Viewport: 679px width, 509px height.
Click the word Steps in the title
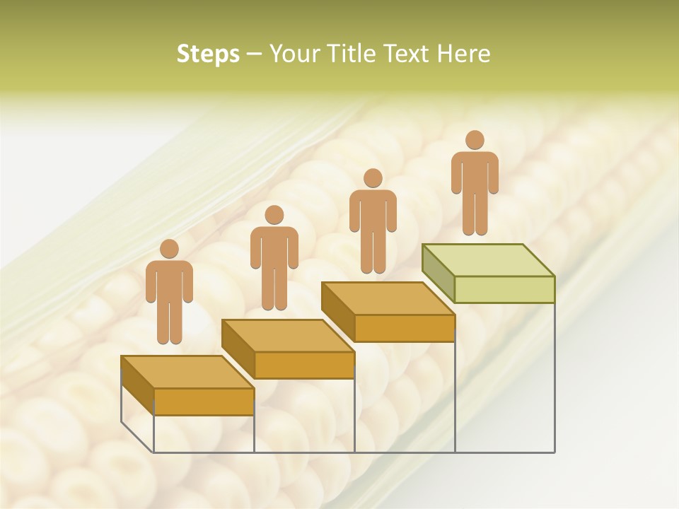208,54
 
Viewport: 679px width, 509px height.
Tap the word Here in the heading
464,54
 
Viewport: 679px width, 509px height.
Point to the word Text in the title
406,54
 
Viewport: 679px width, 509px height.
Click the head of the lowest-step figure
169,249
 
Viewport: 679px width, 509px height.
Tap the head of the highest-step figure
475,140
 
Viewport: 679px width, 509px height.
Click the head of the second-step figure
274,215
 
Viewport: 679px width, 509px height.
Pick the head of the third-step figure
373,178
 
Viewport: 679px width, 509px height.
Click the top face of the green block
488,259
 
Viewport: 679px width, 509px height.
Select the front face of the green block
504,289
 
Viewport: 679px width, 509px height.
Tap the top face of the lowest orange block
187,372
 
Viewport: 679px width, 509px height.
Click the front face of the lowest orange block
204,402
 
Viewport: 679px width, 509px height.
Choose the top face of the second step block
288,335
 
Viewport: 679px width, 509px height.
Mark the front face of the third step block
404,328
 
